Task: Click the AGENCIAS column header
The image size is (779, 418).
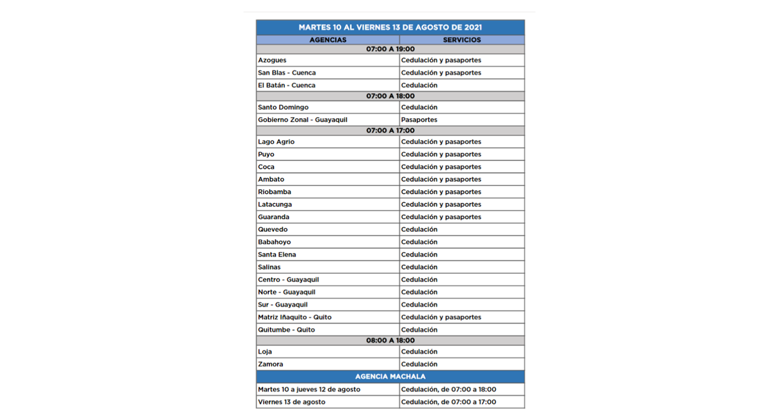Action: click(x=328, y=40)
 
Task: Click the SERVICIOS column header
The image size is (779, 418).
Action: click(x=462, y=40)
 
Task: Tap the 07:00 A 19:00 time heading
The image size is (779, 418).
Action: click(x=390, y=49)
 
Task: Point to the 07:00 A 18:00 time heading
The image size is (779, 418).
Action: click(x=390, y=96)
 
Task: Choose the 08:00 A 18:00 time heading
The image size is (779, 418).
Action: click(x=390, y=341)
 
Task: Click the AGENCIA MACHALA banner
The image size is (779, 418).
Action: click(x=390, y=376)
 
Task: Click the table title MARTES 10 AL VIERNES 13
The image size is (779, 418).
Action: click(x=390, y=27)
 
